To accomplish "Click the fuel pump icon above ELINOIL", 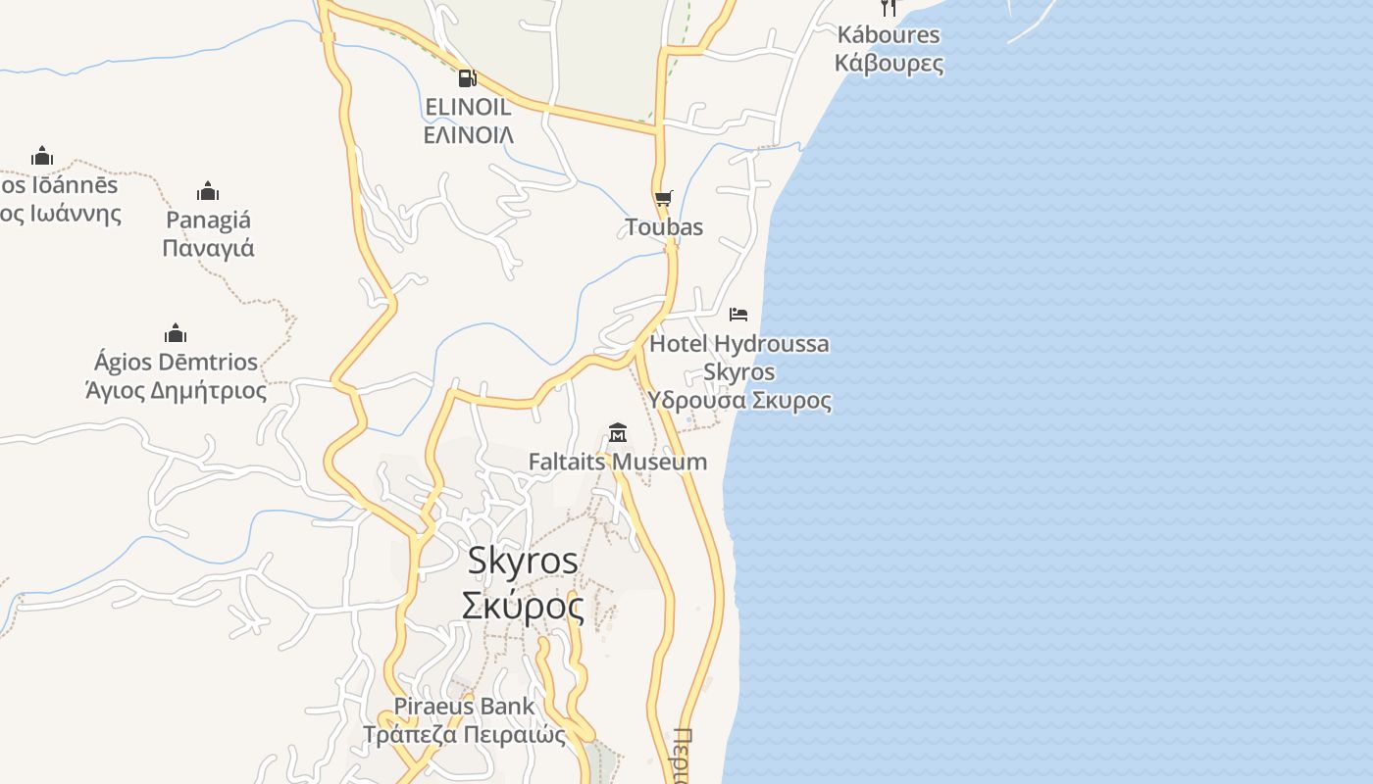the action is [x=467, y=78].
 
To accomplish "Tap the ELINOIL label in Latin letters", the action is [x=469, y=106].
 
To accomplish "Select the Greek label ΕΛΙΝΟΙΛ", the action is [x=469, y=134].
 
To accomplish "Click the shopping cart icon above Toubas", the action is [x=664, y=199].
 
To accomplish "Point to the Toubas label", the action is [x=664, y=227].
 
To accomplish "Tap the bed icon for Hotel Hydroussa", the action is [x=738, y=315].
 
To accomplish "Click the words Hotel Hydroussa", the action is [x=738, y=344].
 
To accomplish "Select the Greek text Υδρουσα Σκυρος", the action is [x=738, y=401].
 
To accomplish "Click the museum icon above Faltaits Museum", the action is [x=618, y=432].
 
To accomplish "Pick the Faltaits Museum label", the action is [x=618, y=462].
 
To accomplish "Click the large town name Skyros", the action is [x=523, y=561].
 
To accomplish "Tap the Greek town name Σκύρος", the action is [x=523, y=607].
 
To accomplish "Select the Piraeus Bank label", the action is [x=465, y=706].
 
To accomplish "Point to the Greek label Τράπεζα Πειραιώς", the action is [x=465, y=734].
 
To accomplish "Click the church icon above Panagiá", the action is [x=208, y=190].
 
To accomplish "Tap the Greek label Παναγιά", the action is [x=208, y=248].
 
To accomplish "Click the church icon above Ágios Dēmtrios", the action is [x=176, y=333].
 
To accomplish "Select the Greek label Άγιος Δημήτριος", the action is [x=177, y=391].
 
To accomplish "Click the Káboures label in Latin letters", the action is [x=889, y=35].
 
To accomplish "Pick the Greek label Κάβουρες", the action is [x=889, y=64].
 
